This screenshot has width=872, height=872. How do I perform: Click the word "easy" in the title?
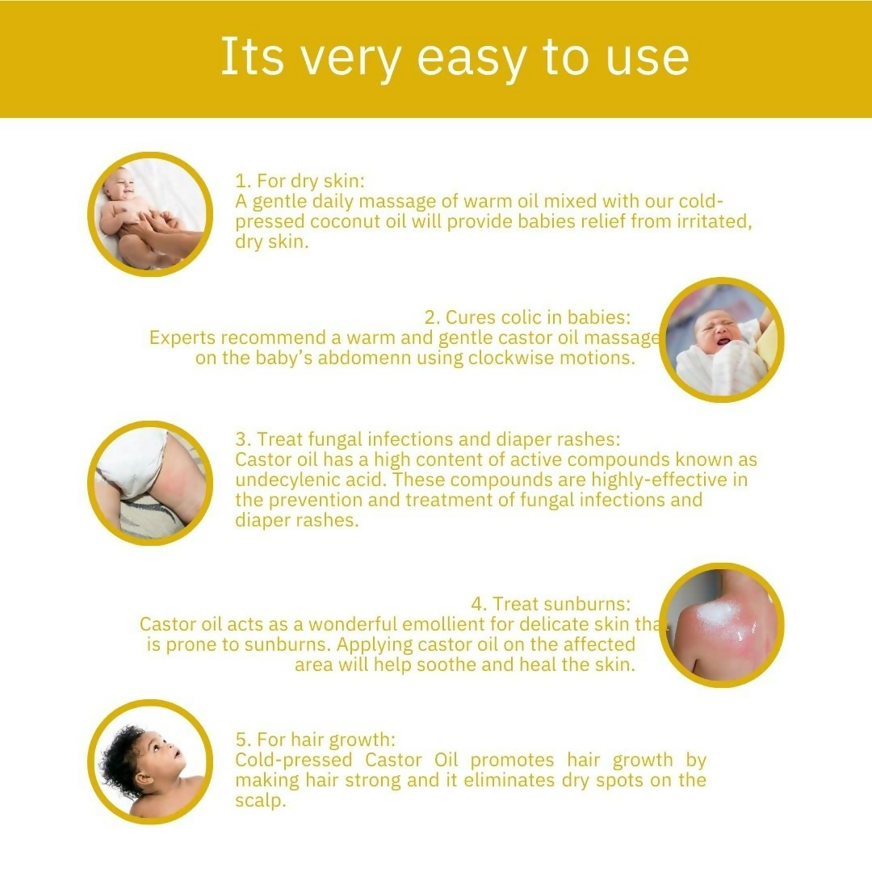471,58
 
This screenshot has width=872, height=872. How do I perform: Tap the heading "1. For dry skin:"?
300,181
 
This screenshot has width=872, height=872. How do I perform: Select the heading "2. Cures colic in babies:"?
528,317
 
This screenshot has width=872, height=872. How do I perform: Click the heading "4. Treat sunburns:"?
551,604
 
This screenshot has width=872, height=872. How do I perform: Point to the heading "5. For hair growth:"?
316,740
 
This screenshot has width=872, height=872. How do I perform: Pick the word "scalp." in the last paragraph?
260,801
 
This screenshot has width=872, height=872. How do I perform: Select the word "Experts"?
182,337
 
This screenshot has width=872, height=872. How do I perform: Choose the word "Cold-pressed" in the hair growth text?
294,761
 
